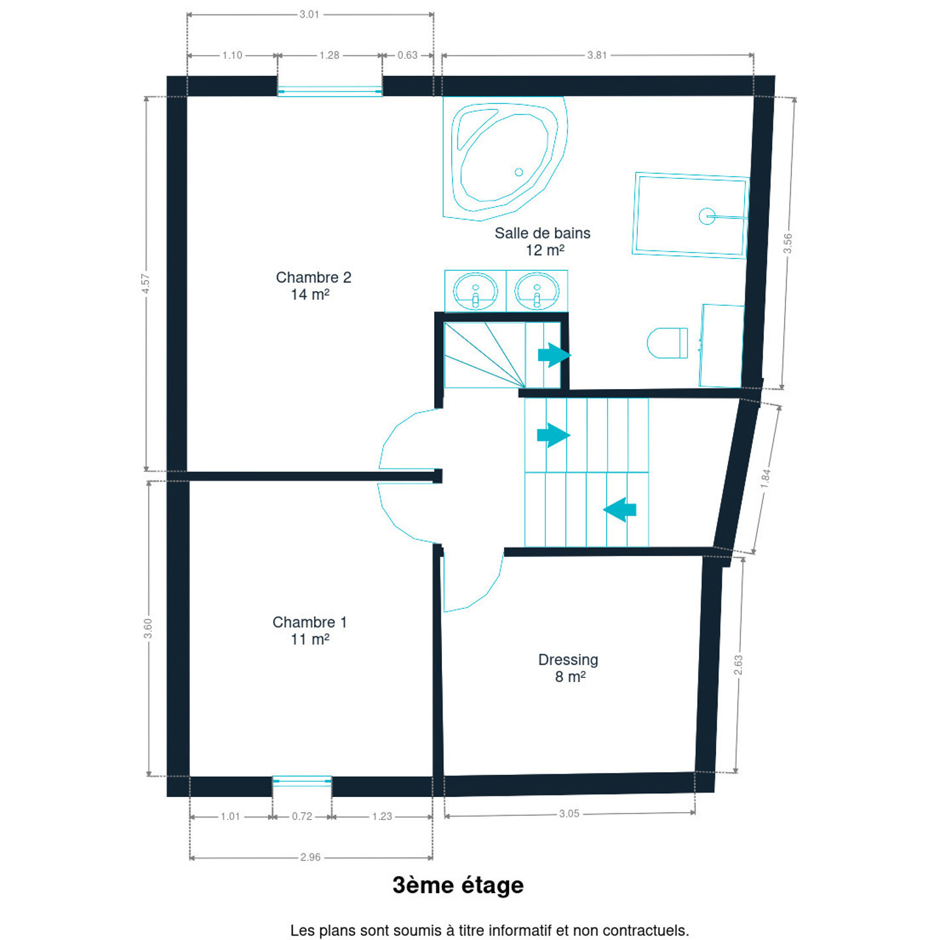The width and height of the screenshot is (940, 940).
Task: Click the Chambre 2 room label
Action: [x=313, y=286]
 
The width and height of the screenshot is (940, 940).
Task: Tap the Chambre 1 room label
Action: [x=309, y=630]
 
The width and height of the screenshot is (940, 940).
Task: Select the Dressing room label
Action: [x=568, y=668]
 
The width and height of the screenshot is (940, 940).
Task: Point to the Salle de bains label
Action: [x=542, y=242]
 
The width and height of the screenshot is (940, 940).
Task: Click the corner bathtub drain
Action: [x=518, y=172]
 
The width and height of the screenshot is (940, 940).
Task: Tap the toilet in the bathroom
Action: [x=667, y=343]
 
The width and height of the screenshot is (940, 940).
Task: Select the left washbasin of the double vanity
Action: [x=475, y=291]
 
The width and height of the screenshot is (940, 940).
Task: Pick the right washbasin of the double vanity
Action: [x=537, y=291]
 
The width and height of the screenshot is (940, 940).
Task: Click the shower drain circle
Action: [x=707, y=215]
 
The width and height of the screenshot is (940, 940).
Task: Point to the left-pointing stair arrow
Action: [x=619, y=510]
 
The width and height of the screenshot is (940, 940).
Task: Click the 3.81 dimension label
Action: [x=597, y=55]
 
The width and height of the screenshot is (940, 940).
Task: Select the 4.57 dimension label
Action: [x=146, y=284]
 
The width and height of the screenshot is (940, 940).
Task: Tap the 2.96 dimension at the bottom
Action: [x=310, y=857]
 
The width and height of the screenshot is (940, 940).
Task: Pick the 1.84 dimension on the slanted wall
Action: [x=765, y=479]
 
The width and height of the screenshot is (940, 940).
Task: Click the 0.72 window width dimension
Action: [x=302, y=816]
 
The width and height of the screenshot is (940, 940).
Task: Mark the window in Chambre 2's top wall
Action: [x=330, y=91]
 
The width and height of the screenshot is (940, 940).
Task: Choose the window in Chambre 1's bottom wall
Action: [x=302, y=781]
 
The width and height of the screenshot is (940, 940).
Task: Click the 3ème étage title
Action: [x=458, y=885]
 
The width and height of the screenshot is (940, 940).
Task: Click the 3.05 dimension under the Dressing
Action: [x=569, y=813]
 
